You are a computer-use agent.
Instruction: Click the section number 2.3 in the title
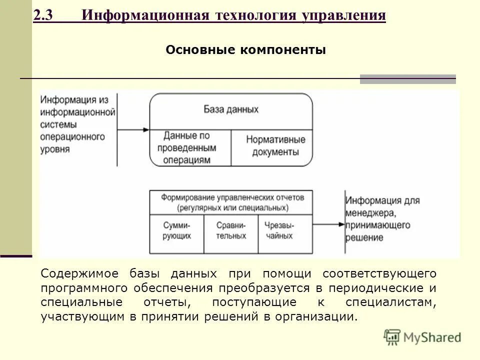point(45,15)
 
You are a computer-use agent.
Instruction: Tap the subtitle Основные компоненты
point(245,50)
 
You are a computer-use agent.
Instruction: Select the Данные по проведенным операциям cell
point(186,148)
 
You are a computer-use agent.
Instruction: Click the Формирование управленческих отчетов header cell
point(232,201)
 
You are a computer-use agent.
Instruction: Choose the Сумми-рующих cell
point(177,230)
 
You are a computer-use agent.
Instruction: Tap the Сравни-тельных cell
point(231,230)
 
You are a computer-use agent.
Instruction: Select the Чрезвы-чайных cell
point(279,230)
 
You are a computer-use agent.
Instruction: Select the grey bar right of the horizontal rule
point(407,78)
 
